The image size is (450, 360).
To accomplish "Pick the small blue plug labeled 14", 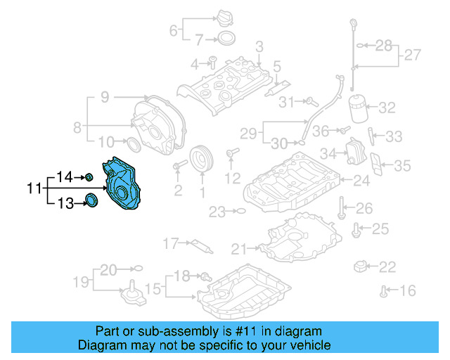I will [x=90, y=176].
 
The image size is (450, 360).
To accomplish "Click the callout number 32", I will [x=387, y=108].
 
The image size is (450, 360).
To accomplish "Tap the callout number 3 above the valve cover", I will [x=259, y=46].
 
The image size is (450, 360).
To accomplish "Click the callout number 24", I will [x=361, y=181].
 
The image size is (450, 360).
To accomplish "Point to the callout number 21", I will [x=240, y=247].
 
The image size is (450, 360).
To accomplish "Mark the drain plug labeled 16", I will [x=384, y=290].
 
